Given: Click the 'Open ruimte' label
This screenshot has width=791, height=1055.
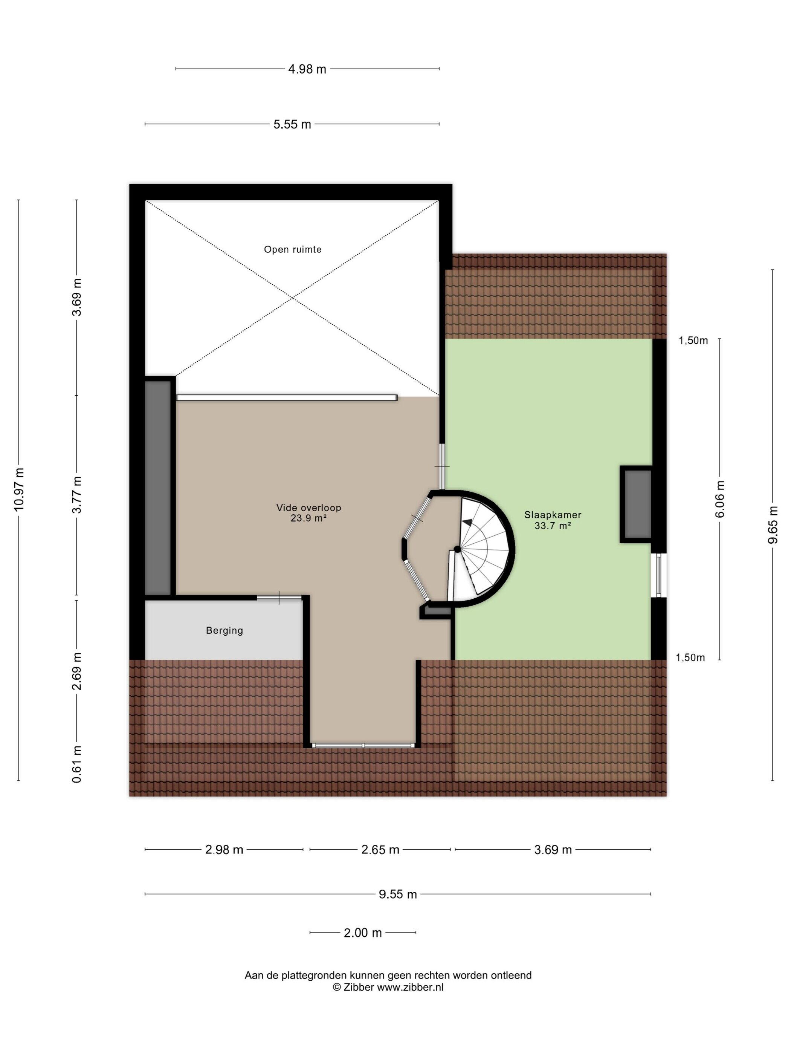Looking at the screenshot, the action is click(x=292, y=249).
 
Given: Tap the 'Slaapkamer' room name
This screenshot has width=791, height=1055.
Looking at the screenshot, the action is click(x=553, y=515).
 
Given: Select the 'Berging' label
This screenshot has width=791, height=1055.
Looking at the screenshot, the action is click(x=224, y=630).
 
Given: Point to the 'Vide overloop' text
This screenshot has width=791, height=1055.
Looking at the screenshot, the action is click(x=308, y=508).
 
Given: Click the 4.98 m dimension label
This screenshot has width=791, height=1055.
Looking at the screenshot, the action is click(x=307, y=69).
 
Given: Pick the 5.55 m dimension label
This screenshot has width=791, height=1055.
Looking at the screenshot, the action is click(x=292, y=124).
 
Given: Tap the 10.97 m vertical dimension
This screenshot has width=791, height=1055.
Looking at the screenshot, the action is click(x=19, y=490).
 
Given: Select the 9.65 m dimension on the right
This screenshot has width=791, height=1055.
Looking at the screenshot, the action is click(x=773, y=524).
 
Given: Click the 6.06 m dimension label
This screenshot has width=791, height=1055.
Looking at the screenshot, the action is click(x=719, y=498).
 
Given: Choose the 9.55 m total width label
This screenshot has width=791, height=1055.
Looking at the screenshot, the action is click(x=398, y=894).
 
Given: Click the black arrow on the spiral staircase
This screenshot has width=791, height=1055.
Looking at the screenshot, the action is click(x=470, y=522).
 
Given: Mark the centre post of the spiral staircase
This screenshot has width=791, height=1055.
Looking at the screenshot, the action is click(x=457, y=549).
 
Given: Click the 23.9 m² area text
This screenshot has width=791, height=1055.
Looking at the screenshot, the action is click(x=308, y=518).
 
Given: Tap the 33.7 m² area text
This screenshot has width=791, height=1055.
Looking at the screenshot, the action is click(x=553, y=526).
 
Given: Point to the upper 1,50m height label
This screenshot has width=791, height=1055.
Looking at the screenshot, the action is click(x=693, y=341).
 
